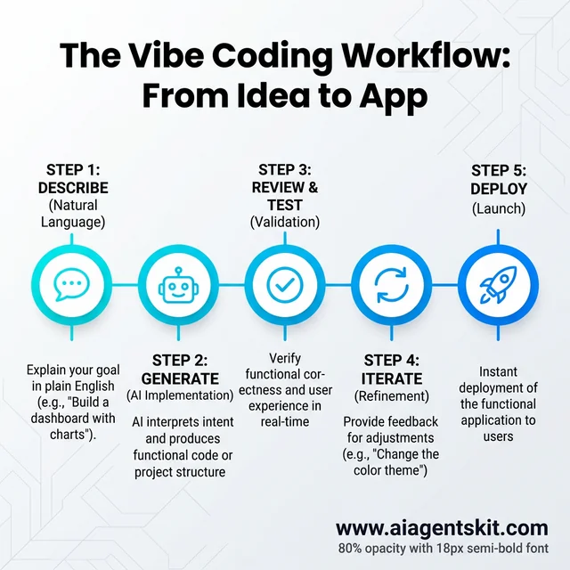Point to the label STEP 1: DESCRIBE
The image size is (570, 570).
[x=73, y=180]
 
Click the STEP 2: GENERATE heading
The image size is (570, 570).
[x=179, y=370]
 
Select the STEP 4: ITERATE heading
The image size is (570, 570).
[x=392, y=370]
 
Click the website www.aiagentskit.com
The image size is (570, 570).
[x=442, y=528]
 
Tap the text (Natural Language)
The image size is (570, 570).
[x=73, y=214]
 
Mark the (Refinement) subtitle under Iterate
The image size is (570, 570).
[x=392, y=396]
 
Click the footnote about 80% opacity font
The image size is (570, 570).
[x=442, y=549]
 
